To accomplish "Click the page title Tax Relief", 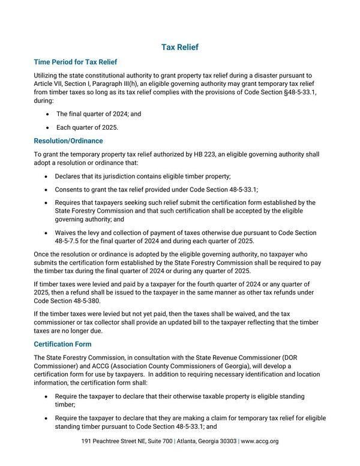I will pos(180,47).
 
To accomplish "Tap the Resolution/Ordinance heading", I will pos(68,141).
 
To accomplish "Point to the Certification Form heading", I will pos(62,344).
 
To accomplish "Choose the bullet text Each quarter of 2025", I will pos(88,127).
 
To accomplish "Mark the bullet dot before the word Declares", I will pos(47,177).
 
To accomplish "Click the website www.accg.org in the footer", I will pos(260,441).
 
